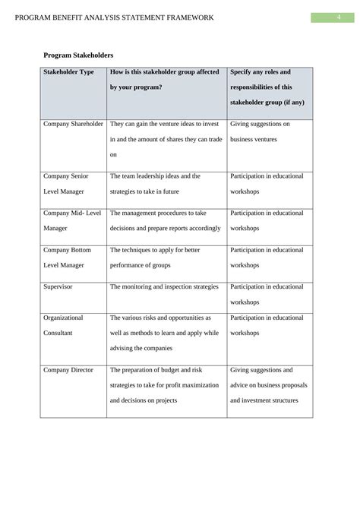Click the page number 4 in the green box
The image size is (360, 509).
click(339, 17)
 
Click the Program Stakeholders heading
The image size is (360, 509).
click(78, 55)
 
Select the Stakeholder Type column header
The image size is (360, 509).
click(69, 72)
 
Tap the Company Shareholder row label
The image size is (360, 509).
click(74, 123)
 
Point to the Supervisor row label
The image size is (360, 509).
click(60, 286)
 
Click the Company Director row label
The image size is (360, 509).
click(68, 370)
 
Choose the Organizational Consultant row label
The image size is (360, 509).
click(64, 325)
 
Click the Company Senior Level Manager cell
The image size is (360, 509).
click(65, 183)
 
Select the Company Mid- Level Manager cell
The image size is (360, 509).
click(72, 220)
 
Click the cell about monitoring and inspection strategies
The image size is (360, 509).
click(164, 286)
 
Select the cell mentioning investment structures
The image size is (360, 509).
click(268, 384)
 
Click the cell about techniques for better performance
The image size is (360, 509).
click(155, 257)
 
